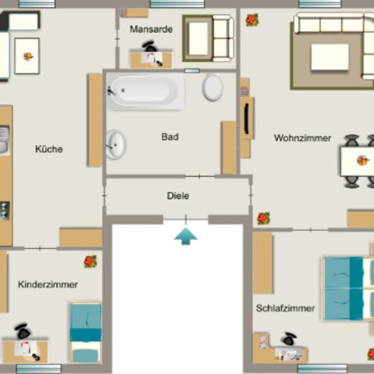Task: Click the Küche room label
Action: coord(49,149)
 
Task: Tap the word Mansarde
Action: coord(151,30)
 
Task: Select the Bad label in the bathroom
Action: coord(170,137)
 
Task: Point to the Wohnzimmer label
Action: coord(303,138)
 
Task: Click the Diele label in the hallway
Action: coord(178,196)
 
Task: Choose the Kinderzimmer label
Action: coord(48,285)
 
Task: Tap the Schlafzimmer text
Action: coord(285,309)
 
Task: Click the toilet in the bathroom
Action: coord(213,87)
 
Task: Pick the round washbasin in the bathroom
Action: coord(116,144)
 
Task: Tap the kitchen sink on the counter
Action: coord(4,140)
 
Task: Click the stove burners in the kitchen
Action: coord(4,210)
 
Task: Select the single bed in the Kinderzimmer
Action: coord(85,332)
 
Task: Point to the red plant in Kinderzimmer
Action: coord(90,261)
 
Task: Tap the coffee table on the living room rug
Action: coord(330,57)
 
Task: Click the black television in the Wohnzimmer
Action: coord(246,118)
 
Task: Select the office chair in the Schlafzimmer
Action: coord(289,339)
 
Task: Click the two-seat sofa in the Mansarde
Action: coord(223,38)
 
